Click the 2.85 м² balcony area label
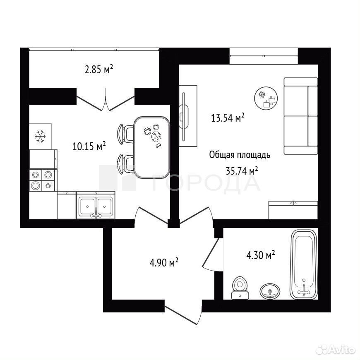click(x=99, y=69)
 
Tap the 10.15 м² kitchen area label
click(x=89, y=146)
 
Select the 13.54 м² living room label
click(x=228, y=118)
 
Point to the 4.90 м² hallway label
click(x=164, y=262)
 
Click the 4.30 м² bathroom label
click(x=261, y=255)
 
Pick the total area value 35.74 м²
click(x=242, y=171)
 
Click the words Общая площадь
click(x=240, y=155)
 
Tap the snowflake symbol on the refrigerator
click(x=41, y=137)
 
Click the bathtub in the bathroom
click(x=304, y=264)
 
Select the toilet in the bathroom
click(x=240, y=288)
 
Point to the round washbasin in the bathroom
click(x=270, y=291)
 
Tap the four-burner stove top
click(x=42, y=180)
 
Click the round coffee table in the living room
click(x=266, y=98)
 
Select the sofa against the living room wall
click(x=301, y=116)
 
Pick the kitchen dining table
click(x=152, y=147)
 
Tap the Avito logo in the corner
click(x=335, y=350)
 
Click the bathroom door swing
click(x=213, y=255)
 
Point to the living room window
click(x=264, y=56)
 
